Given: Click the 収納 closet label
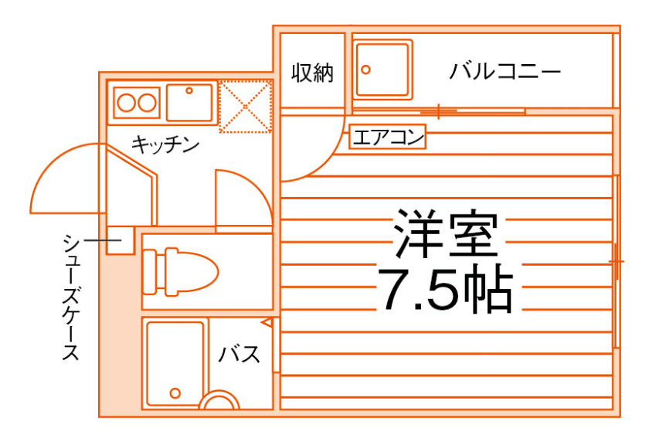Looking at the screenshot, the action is click(x=312, y=73).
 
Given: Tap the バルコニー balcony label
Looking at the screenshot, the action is click(x=505, y=73).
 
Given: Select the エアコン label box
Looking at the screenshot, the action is click(x=387, y=138).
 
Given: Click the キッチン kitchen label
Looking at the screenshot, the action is click(x=165, y=144).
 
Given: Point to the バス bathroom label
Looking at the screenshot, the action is click(x=239, y=355).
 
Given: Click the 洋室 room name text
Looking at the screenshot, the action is click(x=444, y=234).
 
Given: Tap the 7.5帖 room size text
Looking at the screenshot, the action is click(x=444, y=288).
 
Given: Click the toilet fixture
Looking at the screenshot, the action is click(x=180, y=270).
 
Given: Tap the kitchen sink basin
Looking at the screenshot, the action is click(x=189, y=102).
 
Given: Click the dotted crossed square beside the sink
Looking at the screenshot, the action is click(x=245, y=105).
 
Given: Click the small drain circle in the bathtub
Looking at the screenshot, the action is click(x=175, y=393).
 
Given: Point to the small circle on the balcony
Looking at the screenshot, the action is click(x=365, y=68).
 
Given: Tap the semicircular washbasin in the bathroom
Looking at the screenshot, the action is click(x=219, y=403).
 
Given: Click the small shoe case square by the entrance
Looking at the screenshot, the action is click(x=120, y=242).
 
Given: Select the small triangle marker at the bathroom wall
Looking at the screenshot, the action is click(x=267, y=321).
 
